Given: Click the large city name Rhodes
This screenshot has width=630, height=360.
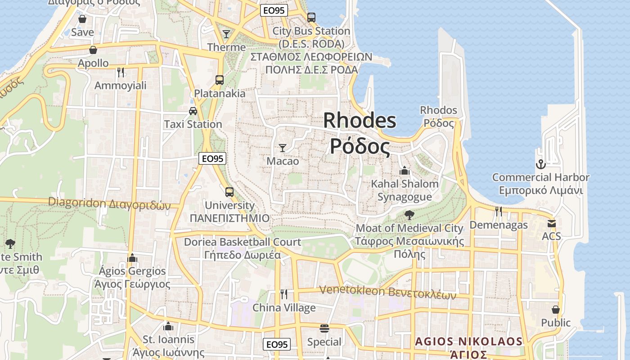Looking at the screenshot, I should (x=360, y=121).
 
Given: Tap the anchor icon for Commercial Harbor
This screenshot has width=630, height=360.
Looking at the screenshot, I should (x=540, y=164).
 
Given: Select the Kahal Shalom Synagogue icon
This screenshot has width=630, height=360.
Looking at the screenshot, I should (x=404, y=171).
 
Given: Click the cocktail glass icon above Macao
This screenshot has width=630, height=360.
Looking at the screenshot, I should (x=283, y=148).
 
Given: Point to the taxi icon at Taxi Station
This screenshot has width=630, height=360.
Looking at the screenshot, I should (x=193, y=111).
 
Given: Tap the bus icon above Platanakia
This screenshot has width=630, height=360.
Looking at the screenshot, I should (x=220, y=80).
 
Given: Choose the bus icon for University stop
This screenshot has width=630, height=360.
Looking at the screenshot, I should (x=229, y=192).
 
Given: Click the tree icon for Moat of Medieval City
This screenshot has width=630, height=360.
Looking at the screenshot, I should (x=409, y=215).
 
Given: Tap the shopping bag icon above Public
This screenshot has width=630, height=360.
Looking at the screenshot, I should (x=556, y=310).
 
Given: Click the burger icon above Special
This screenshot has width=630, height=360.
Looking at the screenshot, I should (x=324, y=328).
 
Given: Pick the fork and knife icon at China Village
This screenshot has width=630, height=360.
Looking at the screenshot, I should (x=284, y=294).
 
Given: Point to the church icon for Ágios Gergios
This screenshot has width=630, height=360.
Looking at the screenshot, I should (x=132, y=258).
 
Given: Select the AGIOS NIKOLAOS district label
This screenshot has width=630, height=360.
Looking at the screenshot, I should (x=468, y=342).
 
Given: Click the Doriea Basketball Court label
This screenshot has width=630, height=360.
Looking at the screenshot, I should (x=243, y=242).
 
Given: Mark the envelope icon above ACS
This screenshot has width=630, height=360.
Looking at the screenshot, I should (x=552, y=223).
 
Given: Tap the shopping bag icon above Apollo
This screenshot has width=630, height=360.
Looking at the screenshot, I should (x=93, y=50).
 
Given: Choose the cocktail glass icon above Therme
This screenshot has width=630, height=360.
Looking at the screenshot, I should (x=226, y=34).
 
